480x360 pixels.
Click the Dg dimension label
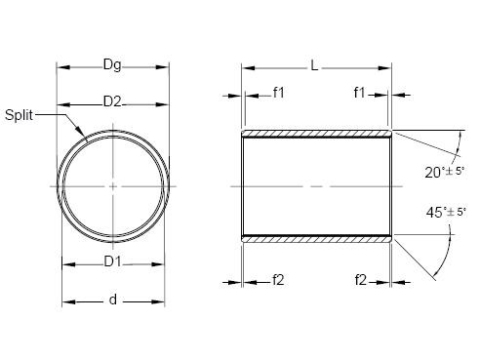tap(113, 66)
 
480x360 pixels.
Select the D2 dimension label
tap(112, 101)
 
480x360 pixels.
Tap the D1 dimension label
tap(112, 261)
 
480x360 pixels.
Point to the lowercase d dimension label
tap(112, 300)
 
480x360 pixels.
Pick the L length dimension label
tap(313, 66)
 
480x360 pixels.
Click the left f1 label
tap(279, 95)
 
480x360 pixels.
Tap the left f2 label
tap(279, 281)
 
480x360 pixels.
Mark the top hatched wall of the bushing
tap(316, 133)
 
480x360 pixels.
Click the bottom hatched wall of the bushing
tap(316, 236)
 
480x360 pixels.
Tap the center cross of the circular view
tap(113, 184)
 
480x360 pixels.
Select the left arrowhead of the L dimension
tap(246, 68)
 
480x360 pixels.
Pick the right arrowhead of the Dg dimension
tap(166, 67)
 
